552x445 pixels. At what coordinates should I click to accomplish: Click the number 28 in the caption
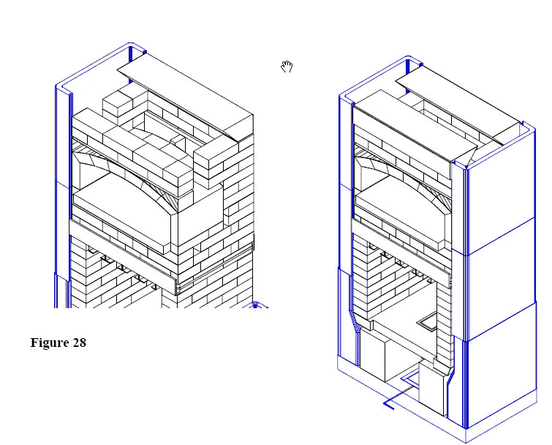click(80, 343)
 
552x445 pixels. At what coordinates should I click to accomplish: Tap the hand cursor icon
click(287, 67)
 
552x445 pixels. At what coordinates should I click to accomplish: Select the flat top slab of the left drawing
click(186, 96)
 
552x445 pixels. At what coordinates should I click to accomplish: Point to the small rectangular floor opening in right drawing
click(427, 323)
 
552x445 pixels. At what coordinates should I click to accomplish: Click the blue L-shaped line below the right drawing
click(398, 397)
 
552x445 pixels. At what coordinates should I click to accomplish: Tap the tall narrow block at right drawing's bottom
click(431, 388)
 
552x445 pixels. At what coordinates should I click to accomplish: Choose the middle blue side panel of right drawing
click(501, 279)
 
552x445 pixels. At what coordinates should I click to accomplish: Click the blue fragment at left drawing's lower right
click(256, 305)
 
